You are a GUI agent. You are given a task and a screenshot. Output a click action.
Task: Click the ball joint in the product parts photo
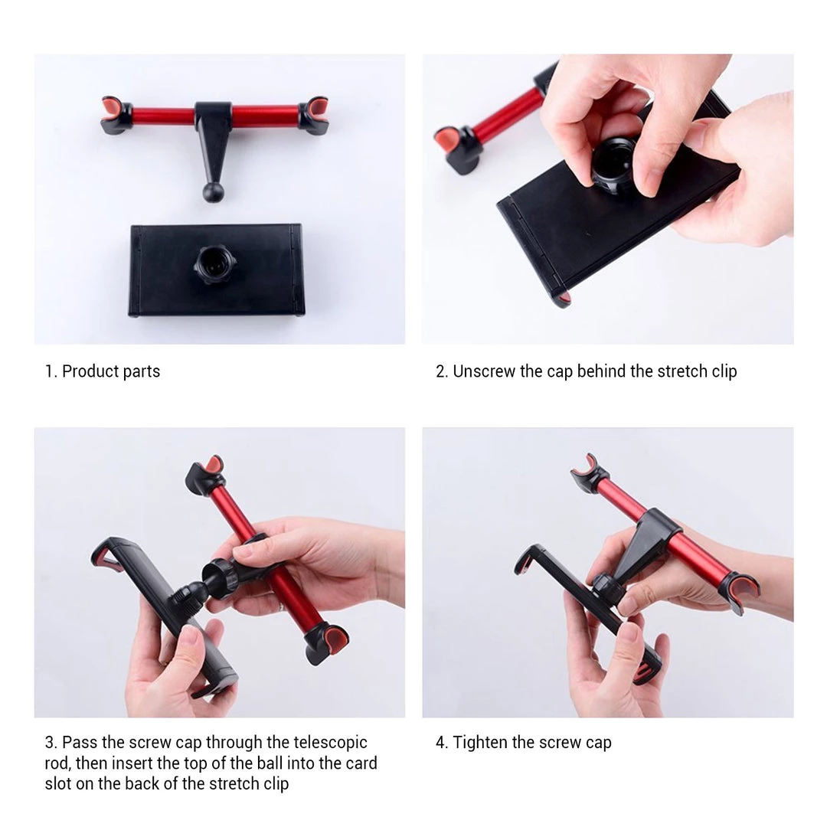tap(214, 192)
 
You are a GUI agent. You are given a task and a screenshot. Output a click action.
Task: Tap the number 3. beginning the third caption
tap(51, 743)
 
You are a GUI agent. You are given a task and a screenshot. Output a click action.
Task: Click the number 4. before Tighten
tap(442, 743)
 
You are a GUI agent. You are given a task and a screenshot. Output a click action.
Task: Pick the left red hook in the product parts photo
tap(116, 114)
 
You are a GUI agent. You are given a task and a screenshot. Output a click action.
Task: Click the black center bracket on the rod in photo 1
tap(213, 126)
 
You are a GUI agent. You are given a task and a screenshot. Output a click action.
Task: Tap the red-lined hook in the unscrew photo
tap(456, 149)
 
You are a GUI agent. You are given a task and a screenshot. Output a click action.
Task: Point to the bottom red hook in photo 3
tap(327, 643)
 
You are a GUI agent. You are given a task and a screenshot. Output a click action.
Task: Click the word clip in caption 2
tap(724, 372)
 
